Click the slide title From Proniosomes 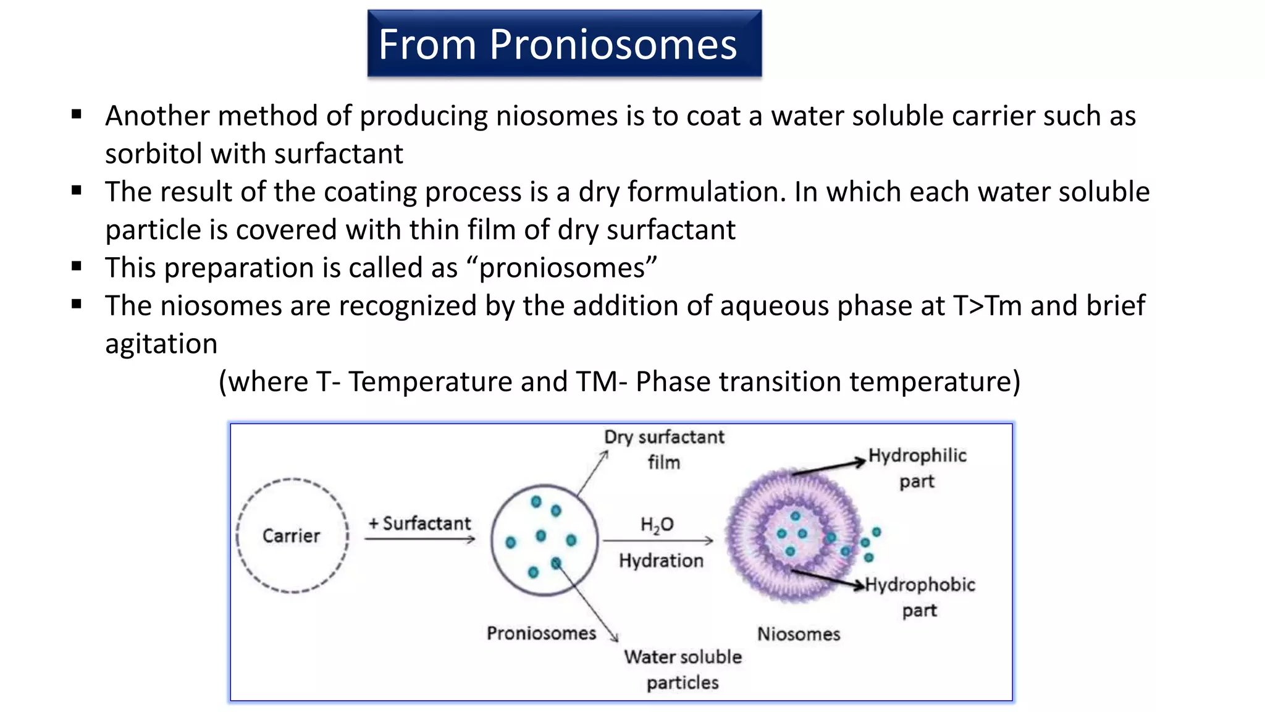click(x=558, y=44)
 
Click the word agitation click(x=161, y=344)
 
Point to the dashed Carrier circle click(x=292, y=536)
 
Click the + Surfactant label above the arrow click(x=420, y=523)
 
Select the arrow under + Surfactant click(x=420, y=540)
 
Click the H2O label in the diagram click(x=657, y=525)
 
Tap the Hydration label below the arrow click(x=661, y=561)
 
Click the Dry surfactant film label click(x=664, y=449)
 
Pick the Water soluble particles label click(x=683, y=669)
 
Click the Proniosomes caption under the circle click(x=541, y=634)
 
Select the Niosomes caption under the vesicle click(x=799, y=634)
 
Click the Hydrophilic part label click(x=917, y=468)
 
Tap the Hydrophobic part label click(x=920, y=597)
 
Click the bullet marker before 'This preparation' click(x=77, y=266)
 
